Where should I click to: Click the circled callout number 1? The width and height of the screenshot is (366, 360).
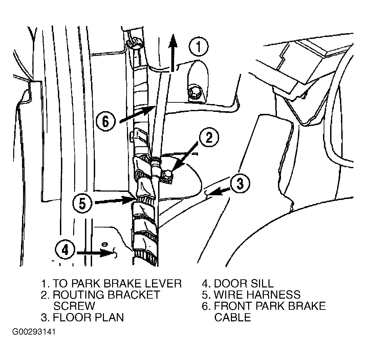(198, 46)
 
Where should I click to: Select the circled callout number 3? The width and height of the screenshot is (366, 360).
(240, 183)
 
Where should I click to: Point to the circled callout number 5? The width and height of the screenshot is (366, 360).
(82, 203)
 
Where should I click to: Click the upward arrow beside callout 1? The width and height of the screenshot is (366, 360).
(173, 53)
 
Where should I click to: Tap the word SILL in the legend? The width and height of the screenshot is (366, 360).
(262, 283)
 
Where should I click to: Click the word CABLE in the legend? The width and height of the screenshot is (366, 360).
(233, 317)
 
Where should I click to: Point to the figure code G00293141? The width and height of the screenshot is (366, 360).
(34, 332)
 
